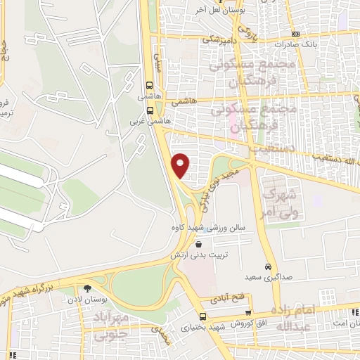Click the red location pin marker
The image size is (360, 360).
(181, 165)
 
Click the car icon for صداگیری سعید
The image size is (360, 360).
(268, 267)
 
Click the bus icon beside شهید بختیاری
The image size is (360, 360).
(202, 317)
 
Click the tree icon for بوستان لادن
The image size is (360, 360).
(88, 289)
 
